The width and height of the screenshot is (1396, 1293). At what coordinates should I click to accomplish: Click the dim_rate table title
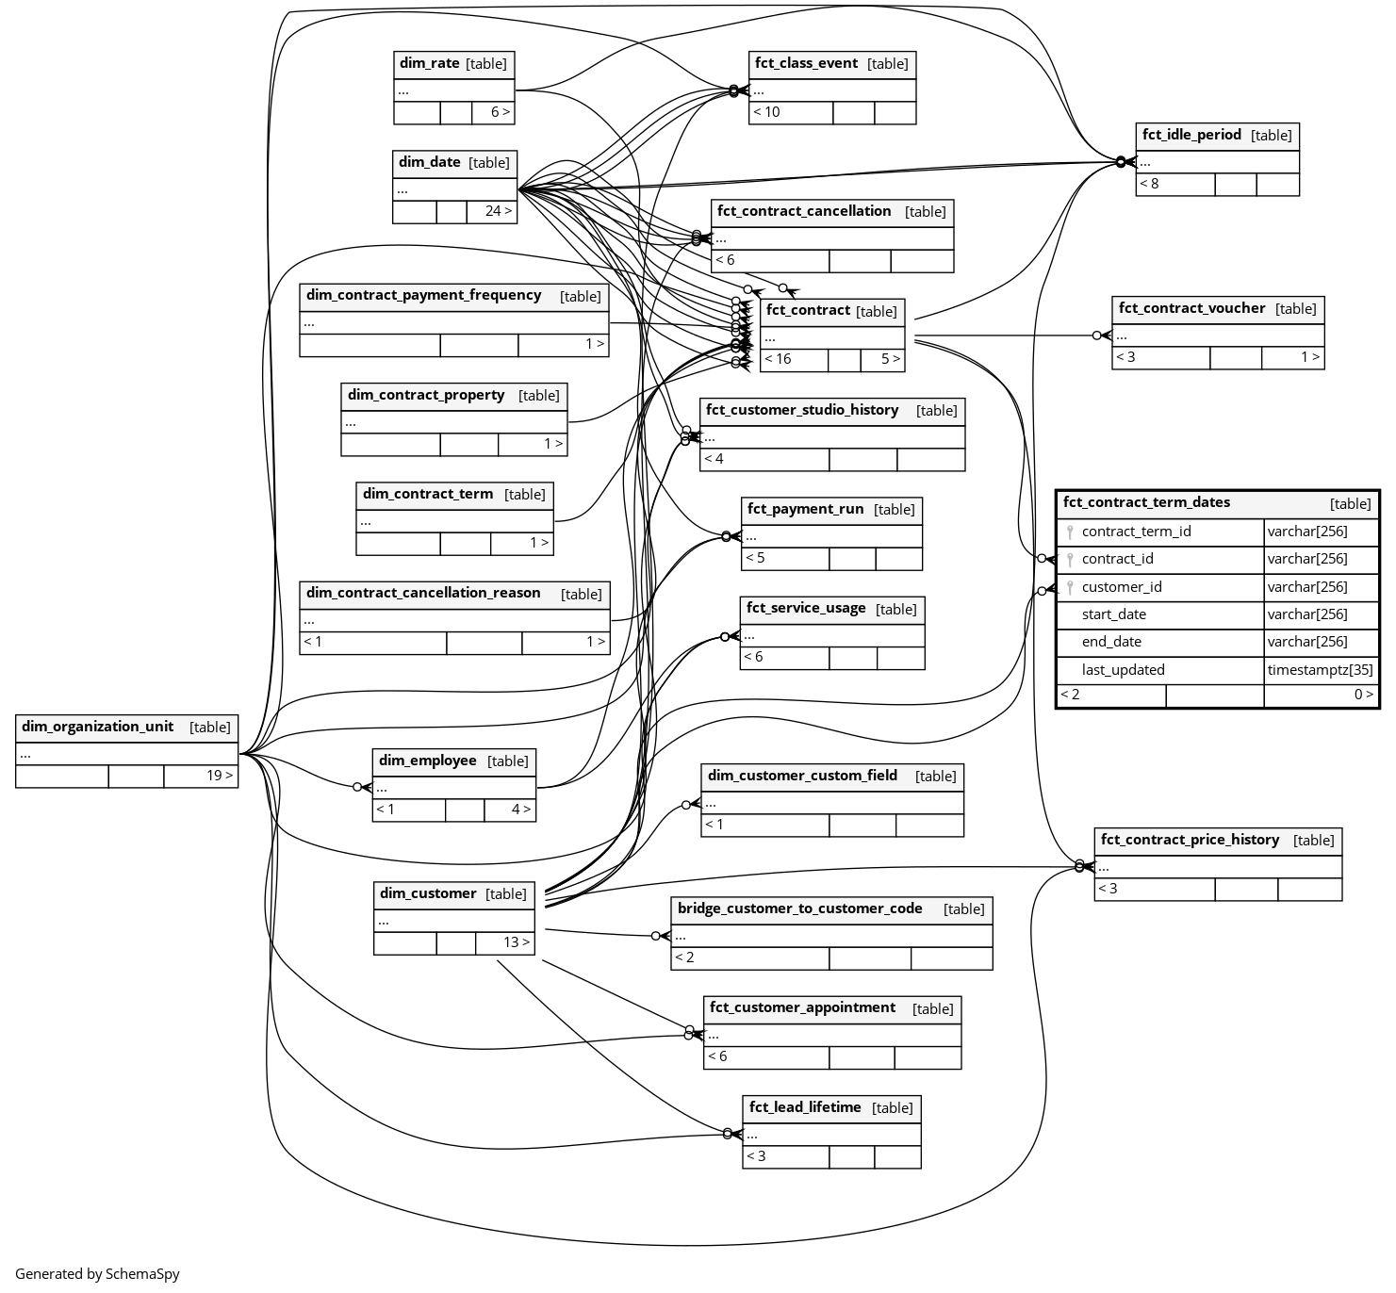pyautogui.click(x=429, y=63)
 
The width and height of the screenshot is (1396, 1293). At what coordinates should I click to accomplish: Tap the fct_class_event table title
pyautogui.click(x=806, y=63)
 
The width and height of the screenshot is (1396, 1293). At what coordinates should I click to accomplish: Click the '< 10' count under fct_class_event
pyautogui.click(x=766, y=112)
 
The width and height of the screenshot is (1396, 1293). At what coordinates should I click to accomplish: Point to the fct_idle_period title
pyautogui.click(x=1191, y=135)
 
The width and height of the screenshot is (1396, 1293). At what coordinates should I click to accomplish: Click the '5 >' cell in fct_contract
pyautogui.click(x=890, y=359)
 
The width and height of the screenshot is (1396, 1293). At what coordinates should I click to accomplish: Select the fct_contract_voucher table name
pyautogui.click(x=1191, y=308)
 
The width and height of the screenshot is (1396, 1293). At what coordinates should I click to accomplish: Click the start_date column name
pyautogui.click(x=1114, y=614)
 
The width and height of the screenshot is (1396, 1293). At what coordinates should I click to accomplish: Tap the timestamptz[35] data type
pyautogui.click(x=1320, y=670)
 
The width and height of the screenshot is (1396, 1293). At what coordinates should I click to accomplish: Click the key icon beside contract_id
pyautogui.click(x=1070, y=560)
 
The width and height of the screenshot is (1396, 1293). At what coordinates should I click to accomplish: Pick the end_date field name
pyautogui.click(x=1111, y=642)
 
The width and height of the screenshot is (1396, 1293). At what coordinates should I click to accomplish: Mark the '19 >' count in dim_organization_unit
pyautogui.click(x=220, y=776)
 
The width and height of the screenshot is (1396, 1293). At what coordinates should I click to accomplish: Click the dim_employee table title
pyautogui.click(x=427, y=761)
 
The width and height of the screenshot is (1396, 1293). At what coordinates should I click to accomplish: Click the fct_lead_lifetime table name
pyautogui.click(x=805, y=1107)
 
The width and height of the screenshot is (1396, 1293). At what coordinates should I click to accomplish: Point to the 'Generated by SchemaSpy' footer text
pyautogui.click(x=97, y=1274)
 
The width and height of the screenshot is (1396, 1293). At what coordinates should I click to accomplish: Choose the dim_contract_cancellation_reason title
pyautogui.click(x=423, y=593)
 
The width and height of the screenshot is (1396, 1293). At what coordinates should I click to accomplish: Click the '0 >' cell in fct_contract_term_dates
pyautogui.click(x=1363, y=695)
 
